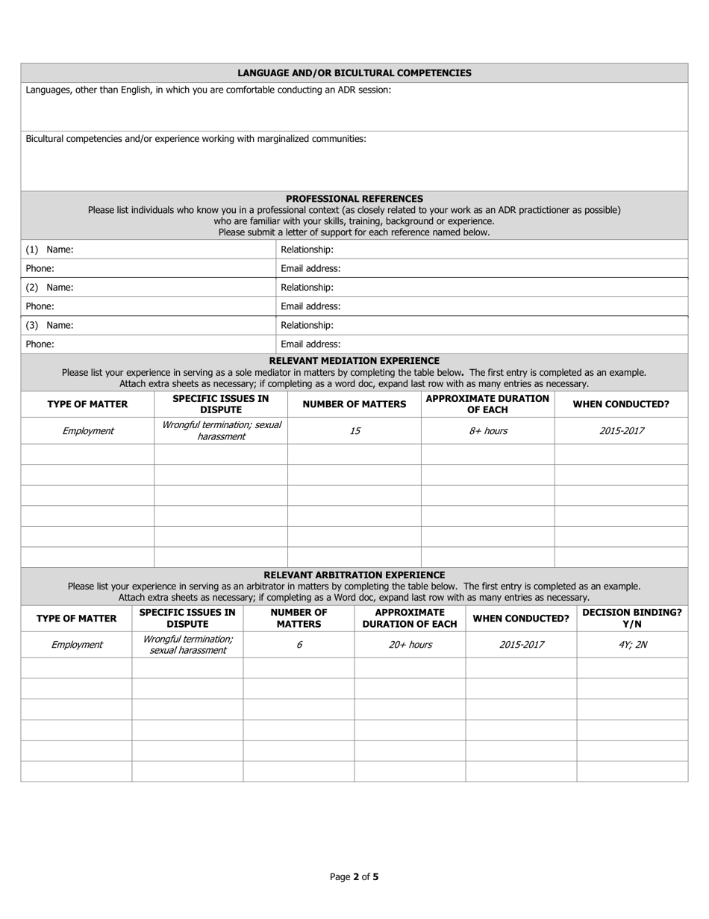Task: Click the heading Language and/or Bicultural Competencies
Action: [354, 72]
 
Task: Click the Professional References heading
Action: [354, 199]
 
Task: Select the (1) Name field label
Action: [49, 250]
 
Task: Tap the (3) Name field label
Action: [49, 326]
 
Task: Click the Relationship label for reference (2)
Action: [307, 288]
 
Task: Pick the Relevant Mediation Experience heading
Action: [354, 361]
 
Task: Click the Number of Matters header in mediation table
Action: [354, 404]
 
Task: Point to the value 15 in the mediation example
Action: [354, 431]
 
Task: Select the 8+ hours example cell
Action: [487, 431]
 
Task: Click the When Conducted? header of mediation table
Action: [620, 404]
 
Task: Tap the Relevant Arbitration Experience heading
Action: [354, 575]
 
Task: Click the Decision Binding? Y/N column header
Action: [631, 618]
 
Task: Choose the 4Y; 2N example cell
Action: [632, 645]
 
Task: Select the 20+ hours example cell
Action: [410, 645]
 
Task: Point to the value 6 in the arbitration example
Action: [299, 645]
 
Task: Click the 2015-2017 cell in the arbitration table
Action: [521, 645]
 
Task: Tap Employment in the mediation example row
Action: [87, 431]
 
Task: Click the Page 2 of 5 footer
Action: [354, 877]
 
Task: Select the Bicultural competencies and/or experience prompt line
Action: [196, 139]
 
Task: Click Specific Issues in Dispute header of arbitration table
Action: [187, 618]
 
